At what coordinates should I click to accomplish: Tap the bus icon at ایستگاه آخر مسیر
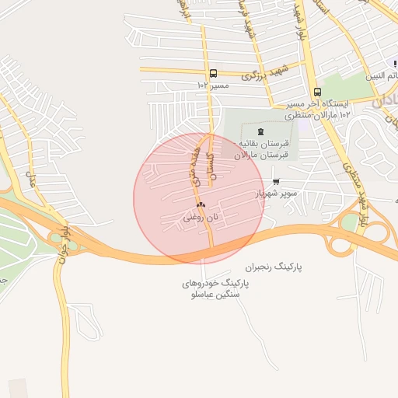(317, 92)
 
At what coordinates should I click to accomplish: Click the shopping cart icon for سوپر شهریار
(276, 182)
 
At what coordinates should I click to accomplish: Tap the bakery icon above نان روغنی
(201, 204)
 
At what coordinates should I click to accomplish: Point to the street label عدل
(31, 183)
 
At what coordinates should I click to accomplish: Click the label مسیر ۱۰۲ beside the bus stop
(213, 85)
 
